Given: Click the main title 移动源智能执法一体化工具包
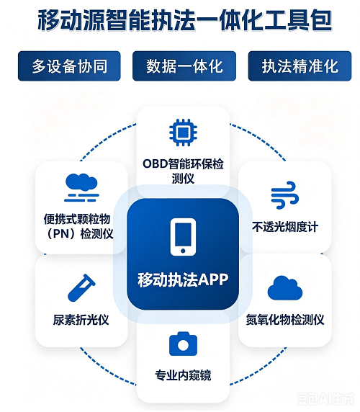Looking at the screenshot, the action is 184,20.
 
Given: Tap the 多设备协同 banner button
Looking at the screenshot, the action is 69,66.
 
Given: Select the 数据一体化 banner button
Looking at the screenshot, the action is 184,66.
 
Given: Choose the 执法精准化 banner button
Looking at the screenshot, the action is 300,66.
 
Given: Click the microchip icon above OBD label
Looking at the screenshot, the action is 183,133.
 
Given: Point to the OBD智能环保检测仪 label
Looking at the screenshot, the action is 183,171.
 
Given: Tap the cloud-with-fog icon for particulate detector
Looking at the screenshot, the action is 81,187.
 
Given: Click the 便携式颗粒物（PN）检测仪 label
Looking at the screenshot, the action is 78,226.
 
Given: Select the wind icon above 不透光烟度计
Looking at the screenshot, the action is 285,194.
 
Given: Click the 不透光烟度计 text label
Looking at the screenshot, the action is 285,226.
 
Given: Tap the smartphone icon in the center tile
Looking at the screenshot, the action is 183,237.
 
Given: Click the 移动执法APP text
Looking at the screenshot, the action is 183,279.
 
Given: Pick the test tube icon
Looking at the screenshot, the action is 81,288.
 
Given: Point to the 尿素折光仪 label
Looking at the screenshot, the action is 81,320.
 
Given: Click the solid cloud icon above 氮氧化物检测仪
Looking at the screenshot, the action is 285,288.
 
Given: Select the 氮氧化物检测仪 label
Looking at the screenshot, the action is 285,320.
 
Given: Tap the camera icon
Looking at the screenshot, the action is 183,344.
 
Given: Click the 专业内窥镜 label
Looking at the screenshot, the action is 183,375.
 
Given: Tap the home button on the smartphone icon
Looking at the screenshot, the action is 183,251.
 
